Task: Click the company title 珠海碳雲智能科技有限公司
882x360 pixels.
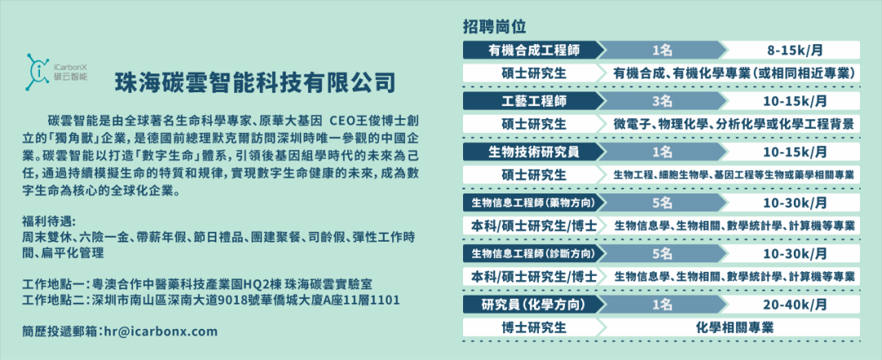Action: click(x=256, y=82)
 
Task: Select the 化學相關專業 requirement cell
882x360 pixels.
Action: click(x=735, y=327)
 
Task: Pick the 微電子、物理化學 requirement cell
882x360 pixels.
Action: click(x=735, y=124)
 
